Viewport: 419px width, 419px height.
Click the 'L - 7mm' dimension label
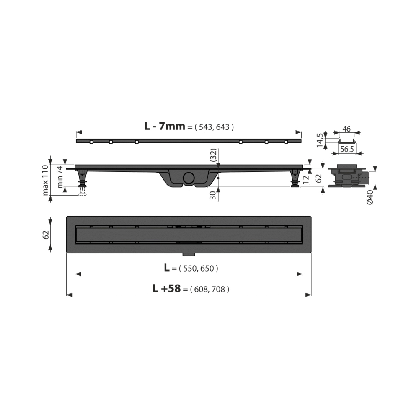pos(165,126)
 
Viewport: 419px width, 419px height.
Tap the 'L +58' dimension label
pos(166,288)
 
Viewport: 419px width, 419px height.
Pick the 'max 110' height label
pos(45,180)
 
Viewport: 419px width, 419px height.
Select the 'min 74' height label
pos(60,177)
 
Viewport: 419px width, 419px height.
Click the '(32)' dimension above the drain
pos(214,155)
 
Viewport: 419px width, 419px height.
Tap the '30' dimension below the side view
pos(213,196)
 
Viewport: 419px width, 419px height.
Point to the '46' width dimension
pos(347,129)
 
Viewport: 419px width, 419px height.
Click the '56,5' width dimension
pos(347,150)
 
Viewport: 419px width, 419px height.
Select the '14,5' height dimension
pos(320,140)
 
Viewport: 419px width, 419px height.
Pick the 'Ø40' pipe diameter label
pos(370,197)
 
